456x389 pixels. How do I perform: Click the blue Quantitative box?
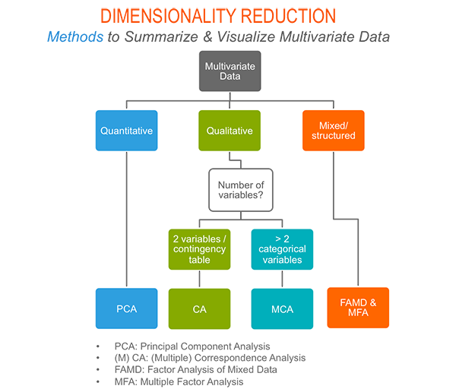pyautogui.click(x=126, y=130)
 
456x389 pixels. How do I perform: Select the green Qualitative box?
pyautogui.click(x=230, y=130)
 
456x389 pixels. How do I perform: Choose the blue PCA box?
pyautogui.click(x=126, y=308)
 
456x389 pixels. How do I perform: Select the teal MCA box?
pyautogui.click(x=281, y=308)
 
